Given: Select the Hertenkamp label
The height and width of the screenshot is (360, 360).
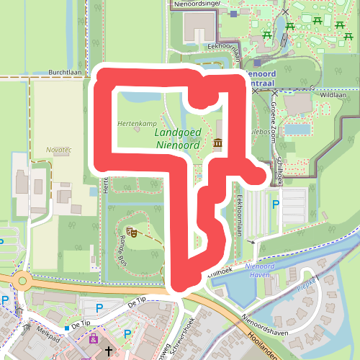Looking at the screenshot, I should [136, 123].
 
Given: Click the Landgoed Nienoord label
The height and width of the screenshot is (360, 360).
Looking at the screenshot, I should [176, 138].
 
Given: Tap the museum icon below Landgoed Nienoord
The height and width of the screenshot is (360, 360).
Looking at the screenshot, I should [218, 144].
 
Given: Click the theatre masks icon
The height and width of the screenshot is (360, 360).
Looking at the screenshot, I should [132, 232].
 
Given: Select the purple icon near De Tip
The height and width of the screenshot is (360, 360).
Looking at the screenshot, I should [93, 338].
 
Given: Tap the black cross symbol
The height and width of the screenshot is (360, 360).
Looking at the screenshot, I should [109, 351].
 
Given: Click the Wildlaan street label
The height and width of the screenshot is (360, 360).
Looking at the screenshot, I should [333, 94].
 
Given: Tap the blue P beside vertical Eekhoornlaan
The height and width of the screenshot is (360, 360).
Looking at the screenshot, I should [274, 205].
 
